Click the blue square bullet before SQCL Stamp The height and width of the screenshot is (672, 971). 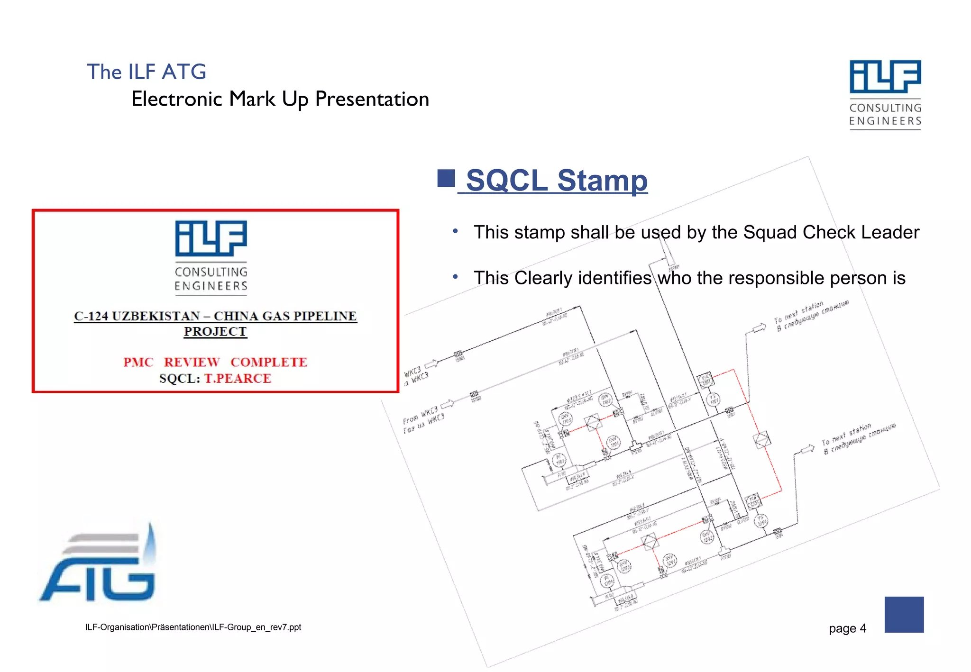[446, 178]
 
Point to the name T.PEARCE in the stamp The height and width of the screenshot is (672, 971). [238, 379]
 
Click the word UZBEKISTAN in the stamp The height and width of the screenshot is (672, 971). [156, 316]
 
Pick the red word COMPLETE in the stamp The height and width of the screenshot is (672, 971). [269, 362]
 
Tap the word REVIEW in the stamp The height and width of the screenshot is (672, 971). [192, 362]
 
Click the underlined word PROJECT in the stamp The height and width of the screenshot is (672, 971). [215, 332]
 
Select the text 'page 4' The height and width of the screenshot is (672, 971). [847, 628]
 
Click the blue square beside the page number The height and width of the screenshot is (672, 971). [904, 615]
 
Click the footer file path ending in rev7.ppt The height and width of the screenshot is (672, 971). [193, 627]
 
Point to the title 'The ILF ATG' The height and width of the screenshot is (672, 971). [147, 72]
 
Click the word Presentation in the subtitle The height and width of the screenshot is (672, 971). [372, 99]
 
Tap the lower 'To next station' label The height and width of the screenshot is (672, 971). [847, 433]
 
